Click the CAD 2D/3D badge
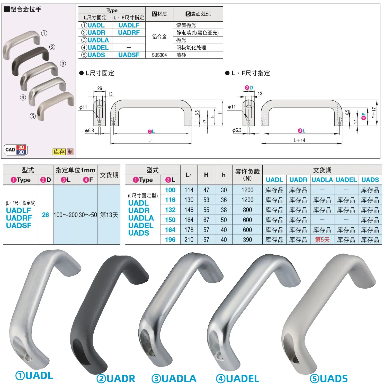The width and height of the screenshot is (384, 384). click(16, 150)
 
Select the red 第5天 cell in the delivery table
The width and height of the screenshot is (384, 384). click(322, 240)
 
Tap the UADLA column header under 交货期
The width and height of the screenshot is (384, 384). click(322, 180)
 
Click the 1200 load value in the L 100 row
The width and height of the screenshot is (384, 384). click(247, 190)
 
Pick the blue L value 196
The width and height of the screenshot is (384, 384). click(170, 240)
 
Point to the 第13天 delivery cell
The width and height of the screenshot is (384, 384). click(109, 215)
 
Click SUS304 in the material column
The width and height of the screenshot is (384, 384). click(159, 55)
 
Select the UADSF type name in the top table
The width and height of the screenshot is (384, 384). click(129, 55)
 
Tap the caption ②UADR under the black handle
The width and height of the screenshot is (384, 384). click(116, 379)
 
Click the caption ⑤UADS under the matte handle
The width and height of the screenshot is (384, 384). click(329, 379)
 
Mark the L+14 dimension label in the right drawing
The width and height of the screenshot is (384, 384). click(299, 140)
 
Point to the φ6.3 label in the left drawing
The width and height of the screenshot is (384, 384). click(90, 131)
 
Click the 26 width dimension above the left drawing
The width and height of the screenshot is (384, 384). click(100, 88)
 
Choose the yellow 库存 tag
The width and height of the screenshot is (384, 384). click(59, 152)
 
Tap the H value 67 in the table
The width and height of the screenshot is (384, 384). click(206, 220)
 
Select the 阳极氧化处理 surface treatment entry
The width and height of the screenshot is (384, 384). click(191, 48)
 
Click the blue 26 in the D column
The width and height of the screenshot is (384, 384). click(46, 215)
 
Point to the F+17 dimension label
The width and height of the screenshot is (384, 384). click(374, 113)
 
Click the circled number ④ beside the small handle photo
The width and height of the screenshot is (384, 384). click(23, 97)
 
